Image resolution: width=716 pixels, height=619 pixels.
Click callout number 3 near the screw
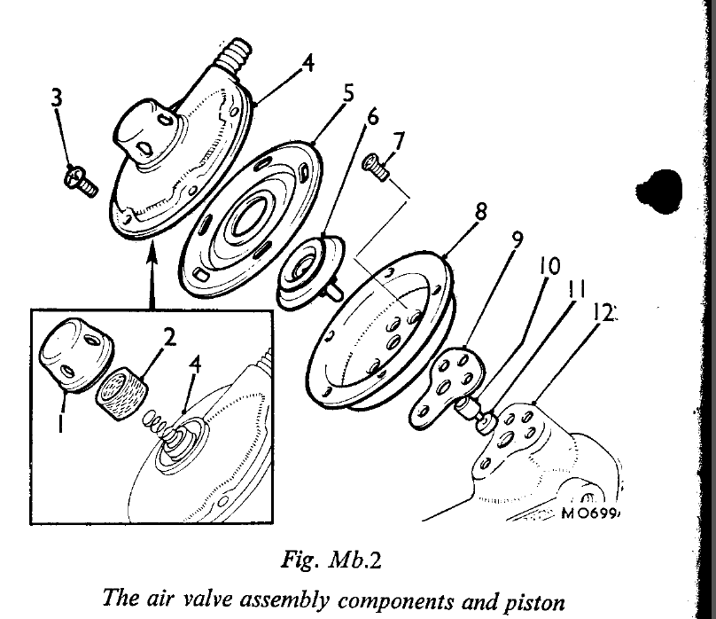[x=57, y=97]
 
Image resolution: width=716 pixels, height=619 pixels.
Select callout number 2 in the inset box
[x=170, y=336]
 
